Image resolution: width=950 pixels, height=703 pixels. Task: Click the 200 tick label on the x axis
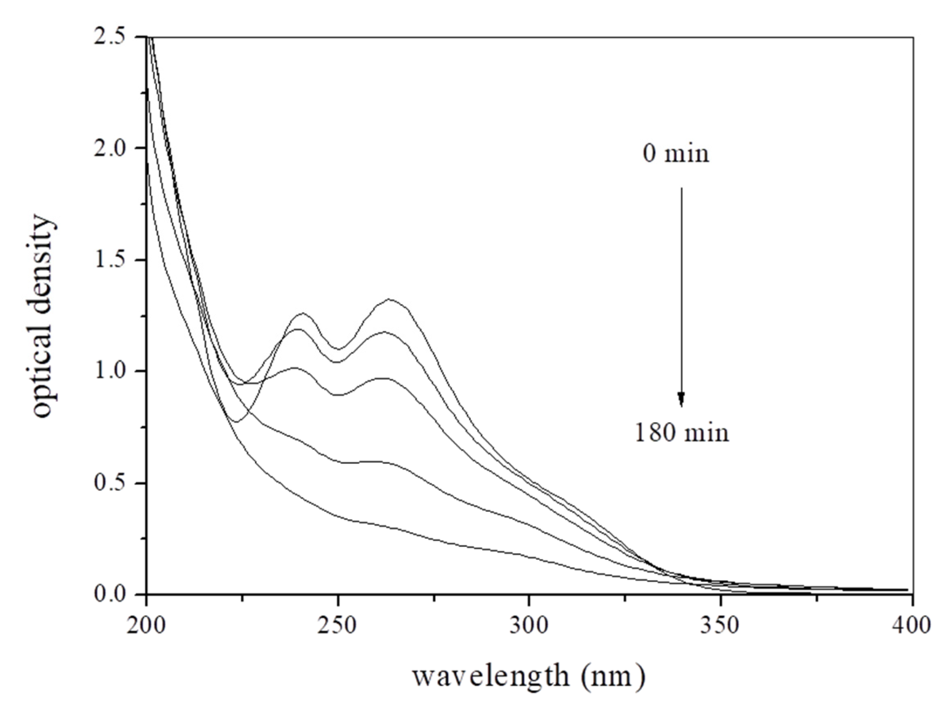point(146,626)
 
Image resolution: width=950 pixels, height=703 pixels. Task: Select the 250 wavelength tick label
point(338,626)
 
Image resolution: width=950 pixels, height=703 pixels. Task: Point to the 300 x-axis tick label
point(529,626)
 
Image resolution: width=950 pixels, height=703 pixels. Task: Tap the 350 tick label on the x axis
point(721,626)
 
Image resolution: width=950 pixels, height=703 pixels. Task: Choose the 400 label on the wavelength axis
point(912,626)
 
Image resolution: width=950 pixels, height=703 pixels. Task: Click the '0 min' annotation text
point(676,154)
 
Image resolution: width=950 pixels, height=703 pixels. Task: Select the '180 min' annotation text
point(682,432)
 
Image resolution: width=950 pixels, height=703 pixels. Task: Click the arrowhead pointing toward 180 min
point(681,398)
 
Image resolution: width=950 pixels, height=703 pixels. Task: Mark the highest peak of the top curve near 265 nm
point(390,299)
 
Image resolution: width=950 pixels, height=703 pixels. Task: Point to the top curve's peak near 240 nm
point(302,313)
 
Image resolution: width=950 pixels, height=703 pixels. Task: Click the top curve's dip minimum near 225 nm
point(235,421)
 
